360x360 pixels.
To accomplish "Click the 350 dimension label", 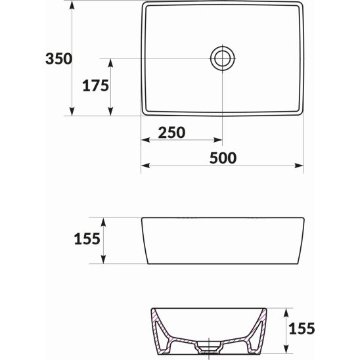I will coord(58,58).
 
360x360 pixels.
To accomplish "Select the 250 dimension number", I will coord(171,131).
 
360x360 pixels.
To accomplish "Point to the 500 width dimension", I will coord(223,158).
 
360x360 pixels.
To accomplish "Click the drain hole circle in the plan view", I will coord(223,58).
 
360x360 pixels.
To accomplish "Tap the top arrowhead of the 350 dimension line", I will coord(71,5).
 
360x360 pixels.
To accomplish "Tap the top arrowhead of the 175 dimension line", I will coord(110,62).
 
